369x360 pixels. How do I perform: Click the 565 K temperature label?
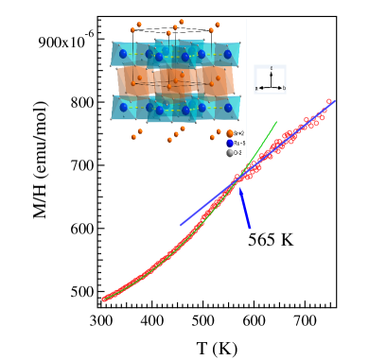(x=271, y=240)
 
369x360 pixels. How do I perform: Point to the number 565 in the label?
(x=263, y=240)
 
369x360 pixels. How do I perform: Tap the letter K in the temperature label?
(x=286, y=240)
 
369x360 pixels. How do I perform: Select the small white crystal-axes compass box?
(x=270, y=79)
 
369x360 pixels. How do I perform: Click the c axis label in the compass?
(x=272, y=69)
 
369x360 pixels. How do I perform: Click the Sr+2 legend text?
(x=238, y=134)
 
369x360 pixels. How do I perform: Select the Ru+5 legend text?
(x=238, y=144)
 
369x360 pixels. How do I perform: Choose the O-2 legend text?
(x=238, y=153)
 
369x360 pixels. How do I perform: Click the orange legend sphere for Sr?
(x=230, y=134)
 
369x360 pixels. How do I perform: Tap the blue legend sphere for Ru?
(x=230, y=144)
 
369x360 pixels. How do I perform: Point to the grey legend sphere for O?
(x=230, y=153)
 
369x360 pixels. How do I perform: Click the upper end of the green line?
(x=276, y=122)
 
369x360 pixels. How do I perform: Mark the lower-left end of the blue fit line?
(x=181, y=225)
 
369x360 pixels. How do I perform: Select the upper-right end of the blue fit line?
(x=335, y=100)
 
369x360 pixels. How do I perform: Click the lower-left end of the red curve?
(x=104, y=300)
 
